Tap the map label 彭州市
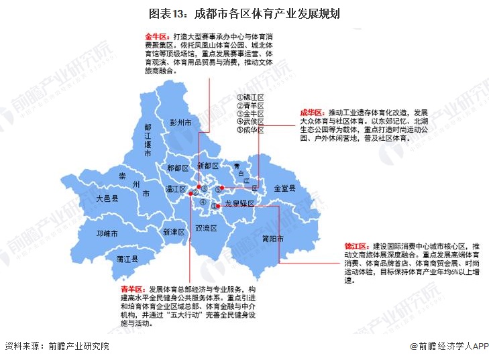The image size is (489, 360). tap(180, 123)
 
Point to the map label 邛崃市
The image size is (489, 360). tap(107, 234)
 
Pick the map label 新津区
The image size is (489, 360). tap(173, 232)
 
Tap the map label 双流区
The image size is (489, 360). tap(206, 228)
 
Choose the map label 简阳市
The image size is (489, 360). tap(274, 238)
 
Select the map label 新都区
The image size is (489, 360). tap(208, 165)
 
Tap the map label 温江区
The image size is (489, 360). tap(176, 189)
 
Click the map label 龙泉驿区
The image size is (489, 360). tap(240, 202)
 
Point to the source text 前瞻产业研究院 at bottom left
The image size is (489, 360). tap(75, 346)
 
